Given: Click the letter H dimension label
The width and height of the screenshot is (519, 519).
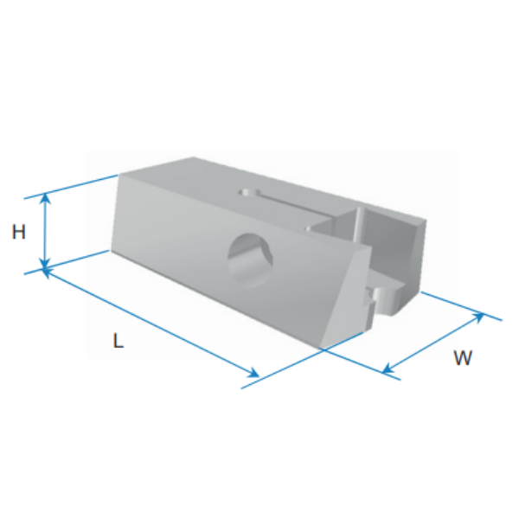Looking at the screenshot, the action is coord(18,232).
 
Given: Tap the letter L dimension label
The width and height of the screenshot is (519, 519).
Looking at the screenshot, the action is coord(119,341).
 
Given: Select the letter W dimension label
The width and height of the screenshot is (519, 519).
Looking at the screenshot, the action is coord(463,358).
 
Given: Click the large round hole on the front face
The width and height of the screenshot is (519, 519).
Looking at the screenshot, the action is coord(251,260).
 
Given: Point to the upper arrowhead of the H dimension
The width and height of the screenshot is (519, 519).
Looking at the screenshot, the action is coord(45,199).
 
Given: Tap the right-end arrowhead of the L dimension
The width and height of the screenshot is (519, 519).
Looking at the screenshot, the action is coord(253,373).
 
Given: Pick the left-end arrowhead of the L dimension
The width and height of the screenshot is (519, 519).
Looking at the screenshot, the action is coord(48,273).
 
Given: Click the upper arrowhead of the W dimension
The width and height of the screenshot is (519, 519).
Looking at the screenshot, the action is coord(478,317).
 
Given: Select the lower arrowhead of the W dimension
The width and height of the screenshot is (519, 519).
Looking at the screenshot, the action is coord(388,368).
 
